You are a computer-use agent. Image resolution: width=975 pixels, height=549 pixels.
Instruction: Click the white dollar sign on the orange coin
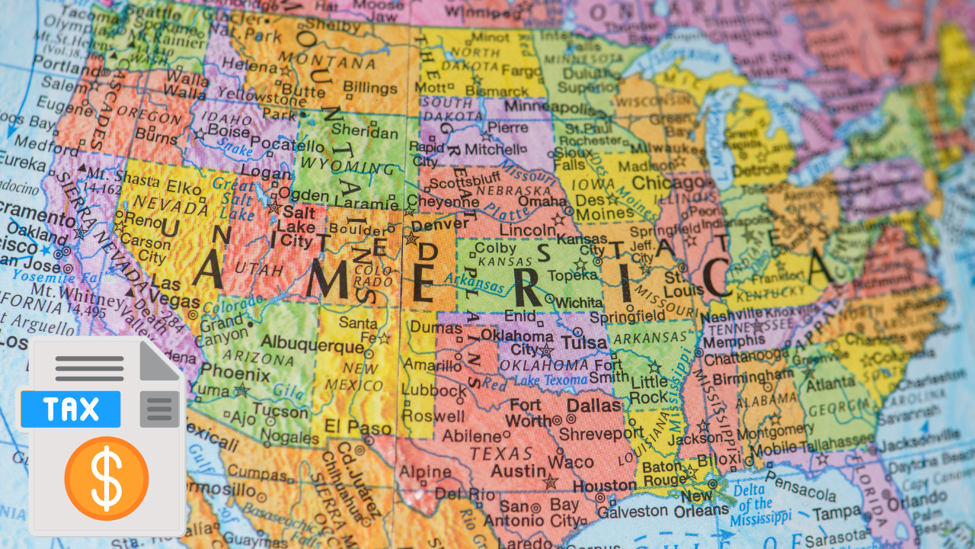pyautogui.click(x=106, y=479)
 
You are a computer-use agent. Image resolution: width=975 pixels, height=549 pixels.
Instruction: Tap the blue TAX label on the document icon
pyautogui.click(x=70, y=409)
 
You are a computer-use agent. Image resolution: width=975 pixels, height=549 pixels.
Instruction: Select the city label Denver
pyautogui.click(x=440, y=224)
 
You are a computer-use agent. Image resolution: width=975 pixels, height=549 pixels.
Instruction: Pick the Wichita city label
pyautogui.click(x=578, y=302)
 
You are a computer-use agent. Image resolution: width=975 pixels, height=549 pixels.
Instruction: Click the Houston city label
pyautogui.click(x=604, y=486)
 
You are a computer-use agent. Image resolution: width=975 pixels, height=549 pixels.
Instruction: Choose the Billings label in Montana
pyautogui.click(x=370, y=88)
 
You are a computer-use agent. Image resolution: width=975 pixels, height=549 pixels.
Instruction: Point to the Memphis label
pyautogui.click(x=729, y=342)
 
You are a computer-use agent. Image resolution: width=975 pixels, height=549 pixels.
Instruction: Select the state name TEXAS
pyautogui.click(x=500, y=453)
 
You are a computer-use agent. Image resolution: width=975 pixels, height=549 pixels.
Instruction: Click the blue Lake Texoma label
pyautogui.click(x=551, y=380)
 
